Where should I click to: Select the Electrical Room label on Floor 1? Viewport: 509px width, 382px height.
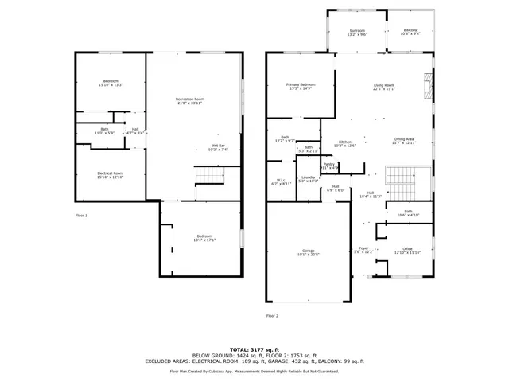[110, 175]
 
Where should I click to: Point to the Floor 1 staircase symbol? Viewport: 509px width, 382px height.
[206, 175]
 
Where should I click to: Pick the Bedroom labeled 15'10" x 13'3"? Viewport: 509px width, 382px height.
[110, 84]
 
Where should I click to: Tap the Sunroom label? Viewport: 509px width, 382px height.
[357, 33]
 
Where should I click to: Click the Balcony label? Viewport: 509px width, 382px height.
[410, 33]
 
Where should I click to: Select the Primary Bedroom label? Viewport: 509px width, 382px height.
[301, 86]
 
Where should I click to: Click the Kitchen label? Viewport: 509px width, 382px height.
[344, 143]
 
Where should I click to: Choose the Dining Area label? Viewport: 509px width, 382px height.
[404, 142]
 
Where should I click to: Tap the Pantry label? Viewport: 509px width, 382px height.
[329, 166]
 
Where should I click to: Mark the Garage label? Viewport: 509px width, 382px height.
[307, 252]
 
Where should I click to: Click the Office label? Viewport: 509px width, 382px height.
[406, 251]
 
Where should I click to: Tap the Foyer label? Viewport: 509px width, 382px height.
[363, 250]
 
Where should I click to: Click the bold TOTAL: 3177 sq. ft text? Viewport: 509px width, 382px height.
[254, 349]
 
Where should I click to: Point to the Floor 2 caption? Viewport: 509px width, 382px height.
[272, 315]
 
